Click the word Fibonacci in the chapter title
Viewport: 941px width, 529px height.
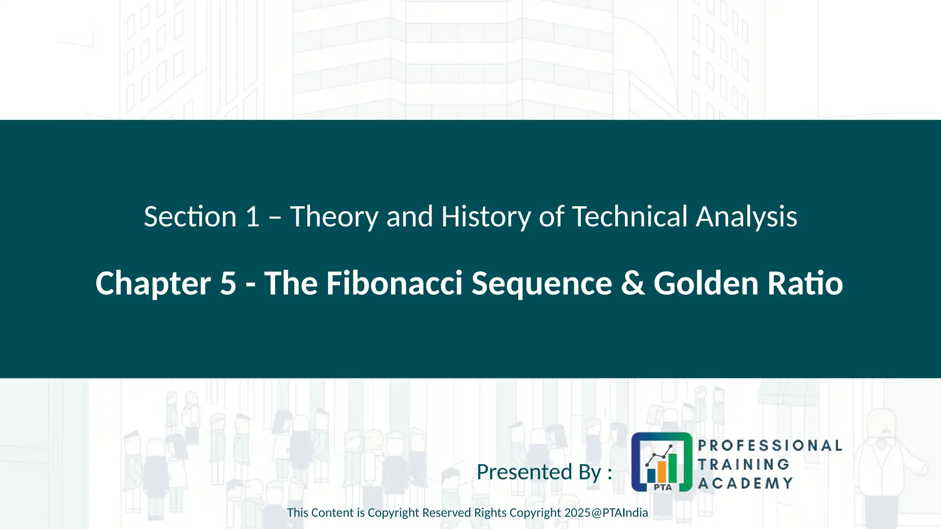tap(394, 283)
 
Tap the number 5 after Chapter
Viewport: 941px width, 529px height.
tap(228, 283)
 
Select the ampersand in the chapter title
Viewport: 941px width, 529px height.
tap(633, 283)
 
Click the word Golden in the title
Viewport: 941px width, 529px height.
tap(706, 283)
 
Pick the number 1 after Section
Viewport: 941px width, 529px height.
tap(252, 217)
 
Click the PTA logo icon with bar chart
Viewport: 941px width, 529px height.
tap(662, 462)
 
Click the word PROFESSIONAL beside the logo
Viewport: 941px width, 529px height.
tap(770, 445)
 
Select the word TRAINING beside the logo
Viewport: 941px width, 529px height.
tap(743, 464)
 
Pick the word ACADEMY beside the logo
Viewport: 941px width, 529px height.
tap(745, 483)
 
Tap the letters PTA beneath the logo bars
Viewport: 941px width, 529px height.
tap(663, 487)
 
